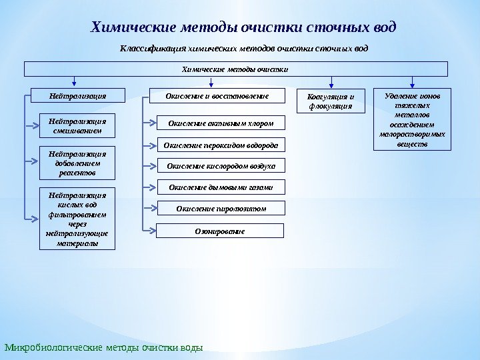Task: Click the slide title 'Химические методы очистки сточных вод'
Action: coord(243,27)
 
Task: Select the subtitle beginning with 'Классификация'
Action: coord(243,49)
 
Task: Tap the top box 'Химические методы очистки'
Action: coord(236,69)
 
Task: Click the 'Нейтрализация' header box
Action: coord(77,97)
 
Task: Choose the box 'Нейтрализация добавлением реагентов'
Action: coord(77,163)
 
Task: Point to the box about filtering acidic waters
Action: coord(77,219)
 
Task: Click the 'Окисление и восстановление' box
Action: coord(217,97)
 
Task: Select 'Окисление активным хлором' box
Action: coord(221,123)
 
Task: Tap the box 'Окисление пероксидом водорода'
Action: coord(221,144)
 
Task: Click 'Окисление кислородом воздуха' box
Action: coord(221,165)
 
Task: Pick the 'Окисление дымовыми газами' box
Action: coord(221,187)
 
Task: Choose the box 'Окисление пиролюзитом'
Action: coord(221,209)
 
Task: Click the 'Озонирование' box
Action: coord(221,231)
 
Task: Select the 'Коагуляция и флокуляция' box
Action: coord(330,101)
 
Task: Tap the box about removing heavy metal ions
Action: coord(414,117)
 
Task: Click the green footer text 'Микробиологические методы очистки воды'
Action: coord(103,347)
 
